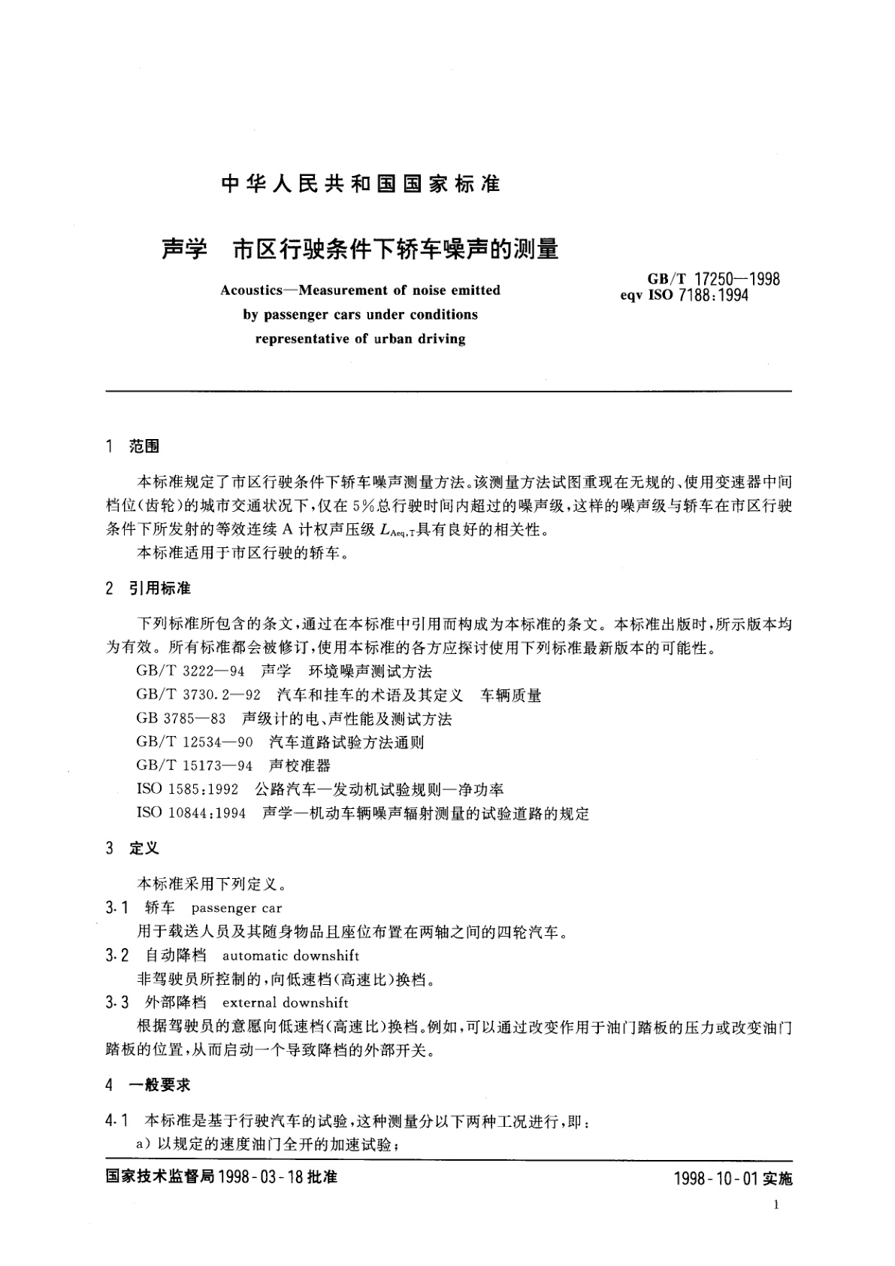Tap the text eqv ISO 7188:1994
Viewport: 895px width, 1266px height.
pyautogui.click(x=684, y=295)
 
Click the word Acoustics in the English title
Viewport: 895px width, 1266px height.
pyautogui.click(x=249, y=290)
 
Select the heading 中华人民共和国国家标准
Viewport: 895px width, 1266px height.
pyautogui.click(x=361, y=184)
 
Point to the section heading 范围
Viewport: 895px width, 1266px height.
pyautogui.click(x=144, y=447)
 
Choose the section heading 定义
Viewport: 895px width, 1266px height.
pyautogui.click(x=144, y=848)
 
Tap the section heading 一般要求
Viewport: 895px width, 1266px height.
pyautogui.click(x=159, y=1085)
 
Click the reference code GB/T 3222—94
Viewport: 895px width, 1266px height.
pyautogui.click(x=191, y=671)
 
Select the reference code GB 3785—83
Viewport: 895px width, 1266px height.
pyautogui.click(x=181, y=719)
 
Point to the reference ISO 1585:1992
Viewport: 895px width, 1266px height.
pyautogui.click(x=187, y=789)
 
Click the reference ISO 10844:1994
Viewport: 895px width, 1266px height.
pyautogui.click(x=191, y=813)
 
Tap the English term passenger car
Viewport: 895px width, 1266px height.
pyautogui.click(x=237, y=908)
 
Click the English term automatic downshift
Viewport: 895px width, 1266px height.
pyautogui.click(x=291, y=956)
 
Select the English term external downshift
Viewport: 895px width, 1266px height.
pyautogui.click(x=286, y=1003)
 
